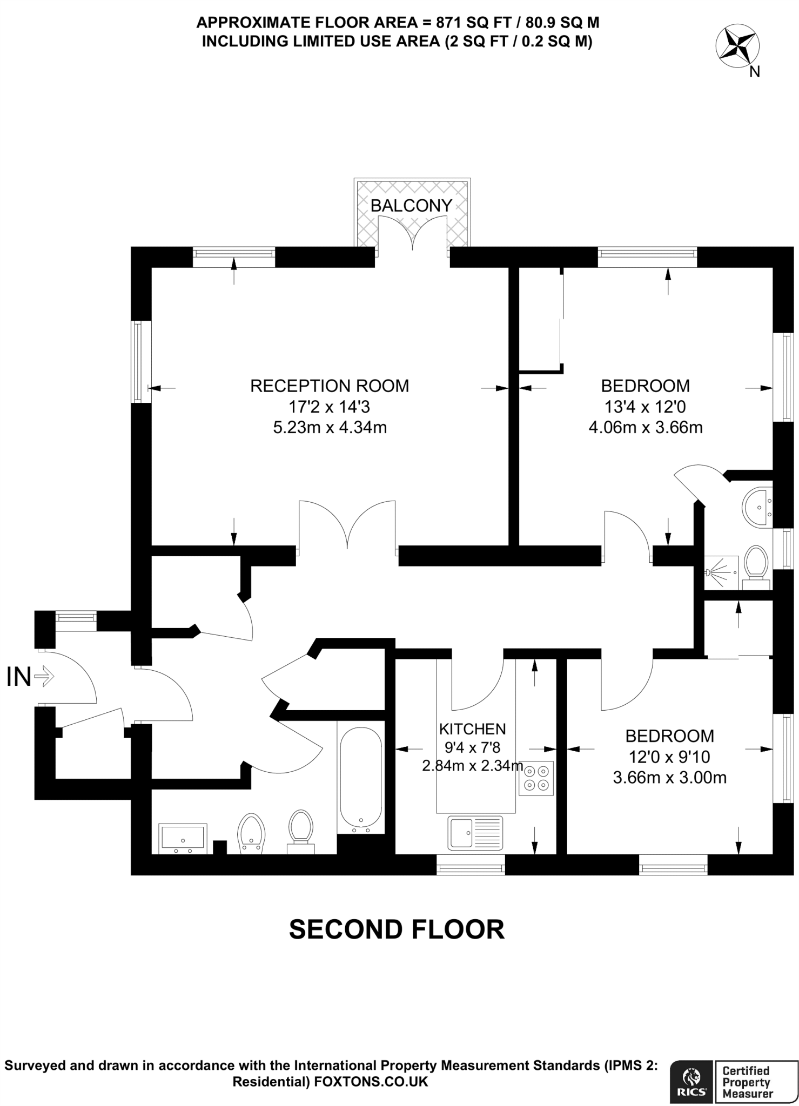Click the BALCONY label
(x=411, y=205)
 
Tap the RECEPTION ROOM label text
(x=330, y=386)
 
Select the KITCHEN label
(x=472, y=729)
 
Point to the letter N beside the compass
(x=755, y=72)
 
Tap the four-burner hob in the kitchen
(x=536, y=778)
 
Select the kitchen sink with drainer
(x=475, y=832)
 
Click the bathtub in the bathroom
(x=361, y=777)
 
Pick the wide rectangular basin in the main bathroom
(x=183, y=838)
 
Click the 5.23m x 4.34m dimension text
(x=330, y=428)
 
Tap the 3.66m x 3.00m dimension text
(x=669, y=778)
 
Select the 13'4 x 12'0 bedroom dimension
(x=645, y=406)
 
